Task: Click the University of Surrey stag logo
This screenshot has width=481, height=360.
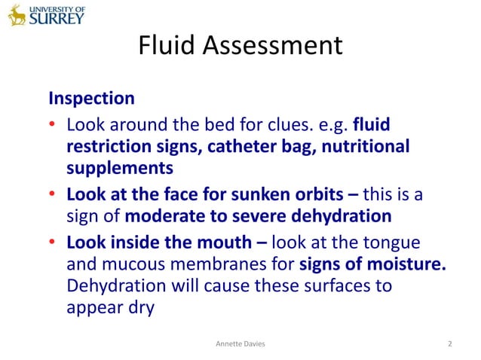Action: pos(16,15)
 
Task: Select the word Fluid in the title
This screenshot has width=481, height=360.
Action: pos(166,45)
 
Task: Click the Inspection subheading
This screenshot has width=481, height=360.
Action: pos(91,99)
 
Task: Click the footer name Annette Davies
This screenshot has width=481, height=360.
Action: pos(240,343)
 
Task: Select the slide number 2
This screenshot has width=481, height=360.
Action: pos(450,343)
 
